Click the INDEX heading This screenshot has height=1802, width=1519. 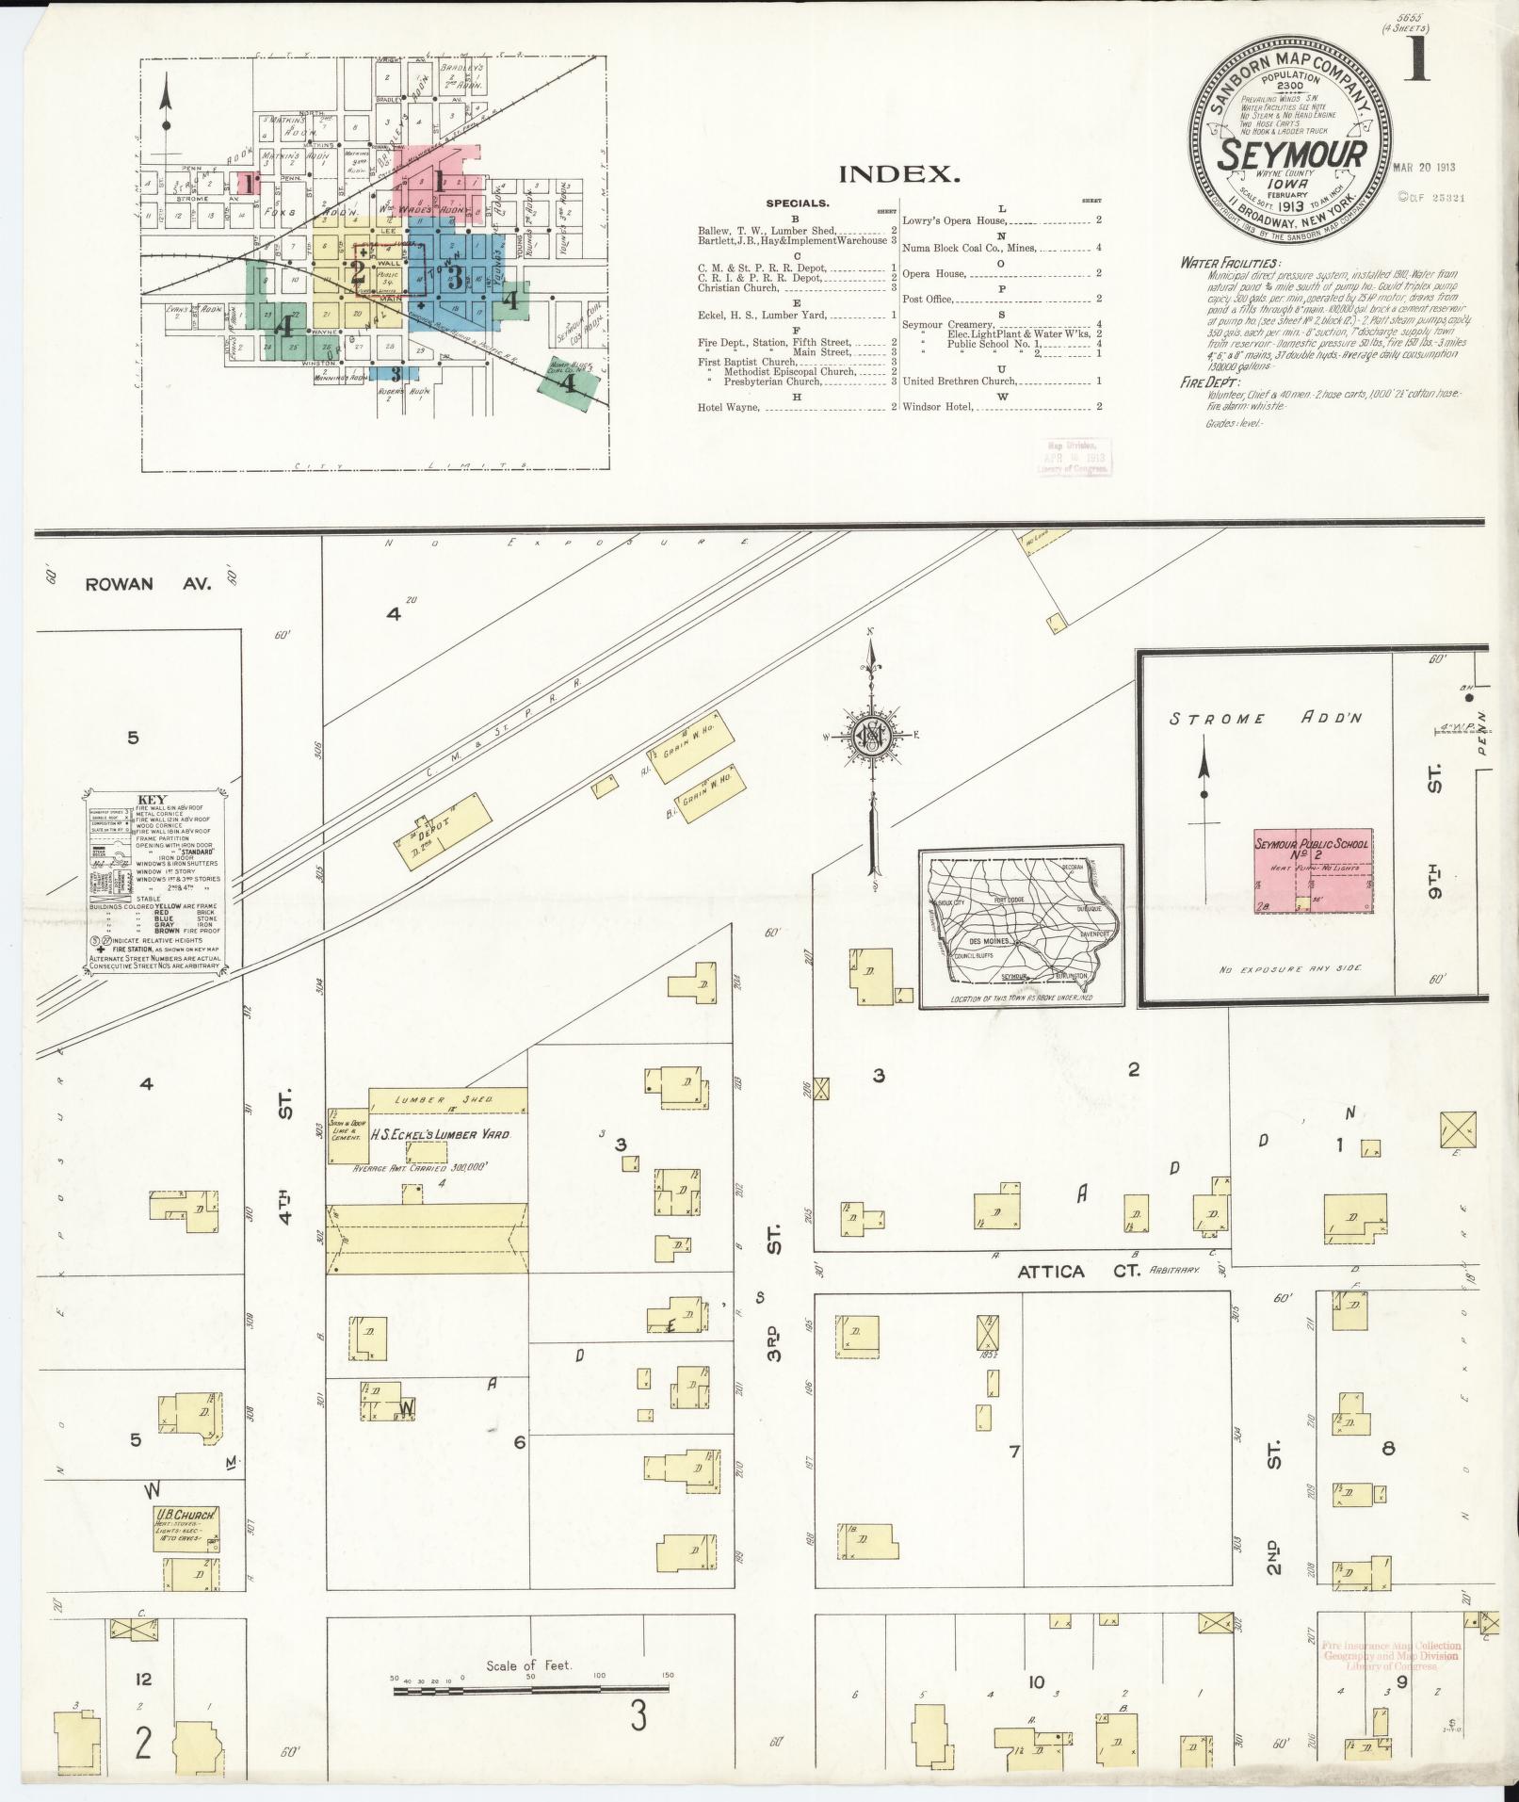[899, 174]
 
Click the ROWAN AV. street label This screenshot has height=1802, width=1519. [149, 584]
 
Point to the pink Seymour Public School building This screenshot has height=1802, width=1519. [1312, 870]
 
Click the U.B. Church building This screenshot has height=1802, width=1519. [188, 1529]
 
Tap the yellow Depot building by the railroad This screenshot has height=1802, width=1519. [444, 826]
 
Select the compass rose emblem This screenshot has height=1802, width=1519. [872, 737]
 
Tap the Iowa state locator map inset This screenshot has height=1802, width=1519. [1021, 926]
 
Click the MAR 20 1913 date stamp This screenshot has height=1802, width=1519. [1424, 168]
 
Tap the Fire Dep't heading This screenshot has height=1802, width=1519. [1210, 382]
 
